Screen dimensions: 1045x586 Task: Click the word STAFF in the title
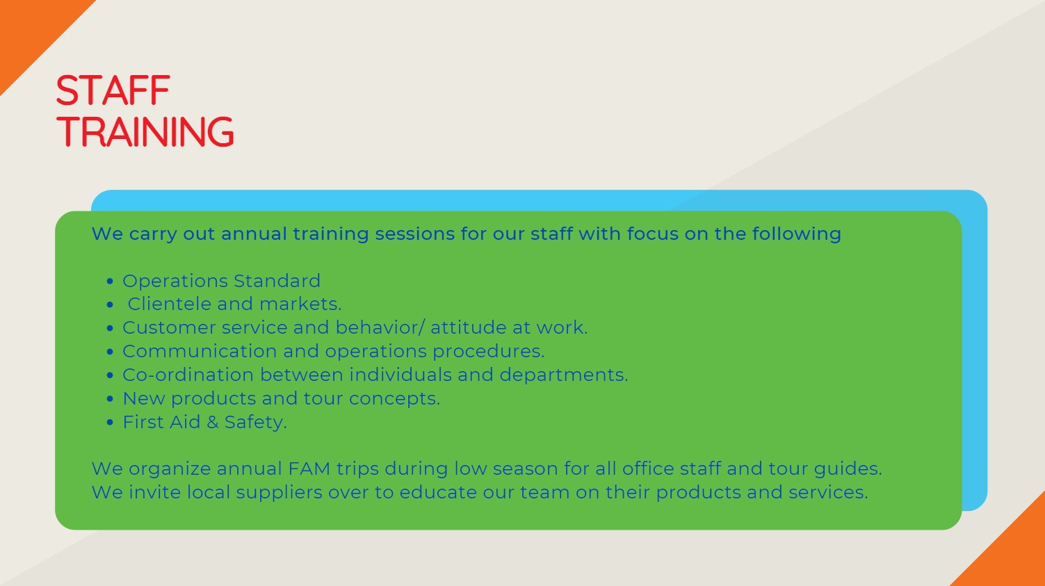pos(113,90)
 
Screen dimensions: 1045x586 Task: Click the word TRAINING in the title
pos(145,132)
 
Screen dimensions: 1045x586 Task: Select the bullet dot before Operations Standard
pos(110,282)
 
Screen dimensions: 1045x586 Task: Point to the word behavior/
pos(380,327)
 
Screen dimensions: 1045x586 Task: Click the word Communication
pos(200,351)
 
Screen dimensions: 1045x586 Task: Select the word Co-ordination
pos(188,375)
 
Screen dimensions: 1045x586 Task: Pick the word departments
pos(564,375)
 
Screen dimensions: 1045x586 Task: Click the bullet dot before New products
pos(110,399)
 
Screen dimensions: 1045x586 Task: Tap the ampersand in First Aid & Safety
pos(212,422)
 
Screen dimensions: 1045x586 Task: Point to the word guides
pos(848,469)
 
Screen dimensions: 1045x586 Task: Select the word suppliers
pos(279,493)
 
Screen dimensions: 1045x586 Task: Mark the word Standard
pos(277,281)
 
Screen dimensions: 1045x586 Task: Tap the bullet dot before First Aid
pos(110,422)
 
